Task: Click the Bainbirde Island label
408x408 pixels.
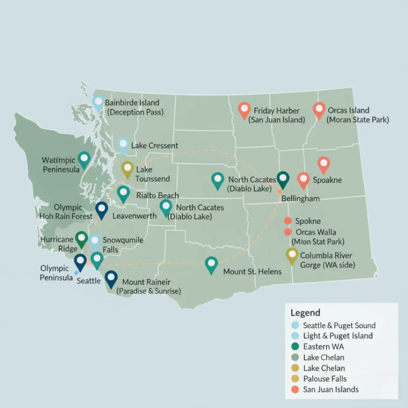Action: coord(132,103)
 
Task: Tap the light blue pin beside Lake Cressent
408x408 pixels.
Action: coord(123,145)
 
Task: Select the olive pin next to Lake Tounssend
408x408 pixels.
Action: coord(127,169)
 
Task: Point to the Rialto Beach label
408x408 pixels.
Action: coord(157,196)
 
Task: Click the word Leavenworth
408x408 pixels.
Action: coord(134,216)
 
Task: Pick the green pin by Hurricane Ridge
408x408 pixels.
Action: coord(81,239)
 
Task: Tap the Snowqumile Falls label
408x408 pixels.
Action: coord(123,245)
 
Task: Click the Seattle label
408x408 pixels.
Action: coord(88,281)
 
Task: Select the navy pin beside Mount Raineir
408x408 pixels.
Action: coord(111,278)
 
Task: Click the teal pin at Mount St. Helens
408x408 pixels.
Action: coord(211,264)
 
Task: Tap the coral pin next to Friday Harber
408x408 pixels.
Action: coord(244,110)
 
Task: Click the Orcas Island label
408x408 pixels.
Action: coord(348,110)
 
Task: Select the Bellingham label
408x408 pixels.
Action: coord(300,198)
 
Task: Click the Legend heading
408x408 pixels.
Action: coord(305,313)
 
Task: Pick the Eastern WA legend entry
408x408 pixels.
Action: coord(324,347)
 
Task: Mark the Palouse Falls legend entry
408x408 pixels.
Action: coord(325,379)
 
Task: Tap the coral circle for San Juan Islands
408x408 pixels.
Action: coord(295,390)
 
